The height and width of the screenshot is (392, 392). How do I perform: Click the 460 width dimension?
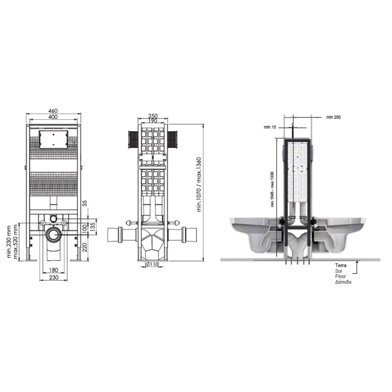coord(53,111)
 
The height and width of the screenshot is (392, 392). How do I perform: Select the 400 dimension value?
coord(53,117)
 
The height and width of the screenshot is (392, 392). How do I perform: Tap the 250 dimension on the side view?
coord(153,116)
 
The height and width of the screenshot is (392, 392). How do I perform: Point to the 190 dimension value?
coord(153,121)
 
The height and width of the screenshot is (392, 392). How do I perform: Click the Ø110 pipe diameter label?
coord(151,264)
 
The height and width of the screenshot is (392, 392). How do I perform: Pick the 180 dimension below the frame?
coord(53,270)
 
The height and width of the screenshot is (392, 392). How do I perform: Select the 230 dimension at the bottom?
coord(53,278)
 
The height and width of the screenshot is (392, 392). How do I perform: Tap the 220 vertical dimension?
coord(85,247)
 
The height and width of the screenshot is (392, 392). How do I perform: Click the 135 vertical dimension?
coord(93,227)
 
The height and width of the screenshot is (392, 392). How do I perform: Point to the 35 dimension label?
coord(85,203)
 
